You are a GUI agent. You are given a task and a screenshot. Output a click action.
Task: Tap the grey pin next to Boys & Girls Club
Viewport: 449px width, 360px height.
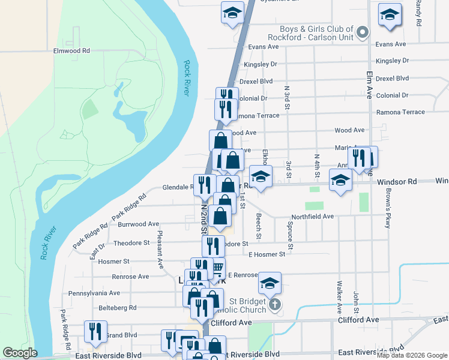point(362,32)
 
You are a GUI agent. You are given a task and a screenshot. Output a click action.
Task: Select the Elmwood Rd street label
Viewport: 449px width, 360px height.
point(71,51)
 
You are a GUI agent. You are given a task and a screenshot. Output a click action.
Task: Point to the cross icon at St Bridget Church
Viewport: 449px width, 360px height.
point(274,305)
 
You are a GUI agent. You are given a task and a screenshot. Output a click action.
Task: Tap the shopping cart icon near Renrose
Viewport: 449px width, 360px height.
point(218,268)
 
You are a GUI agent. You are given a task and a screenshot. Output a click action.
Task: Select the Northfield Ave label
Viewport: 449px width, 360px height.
point(312,217)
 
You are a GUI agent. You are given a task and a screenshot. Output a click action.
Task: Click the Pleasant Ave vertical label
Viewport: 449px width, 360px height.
point(160,249)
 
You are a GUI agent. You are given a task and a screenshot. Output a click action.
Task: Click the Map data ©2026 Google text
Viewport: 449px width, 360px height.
point(411,355)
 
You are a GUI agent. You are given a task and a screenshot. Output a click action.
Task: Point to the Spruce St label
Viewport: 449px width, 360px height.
point(291,236)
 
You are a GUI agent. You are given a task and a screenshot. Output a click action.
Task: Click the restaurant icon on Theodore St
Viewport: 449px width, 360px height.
point(213,246)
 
